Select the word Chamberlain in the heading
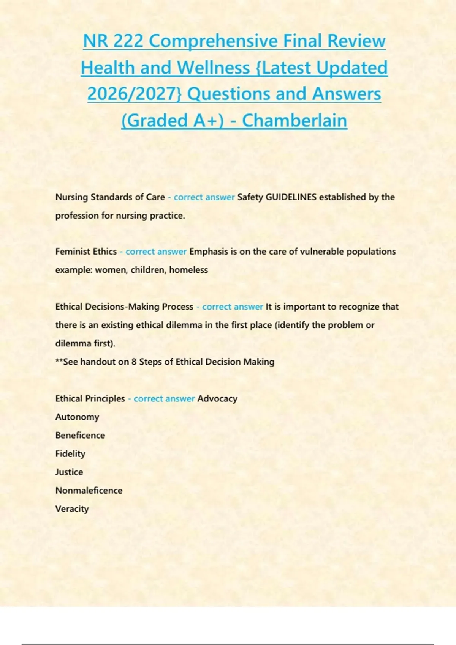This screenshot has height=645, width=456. [294, 121]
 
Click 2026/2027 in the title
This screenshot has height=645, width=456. [135, 94]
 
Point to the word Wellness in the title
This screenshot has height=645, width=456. [213, 68]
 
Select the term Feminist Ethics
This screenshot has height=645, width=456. [86, 252]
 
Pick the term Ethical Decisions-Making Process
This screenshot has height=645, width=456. [124, 307]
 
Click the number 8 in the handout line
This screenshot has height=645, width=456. [134, 362]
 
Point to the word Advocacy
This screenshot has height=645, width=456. [217, 398]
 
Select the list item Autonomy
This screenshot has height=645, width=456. [77, 417]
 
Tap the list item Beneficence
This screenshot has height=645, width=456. [80, 435]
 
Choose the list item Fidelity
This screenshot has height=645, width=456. [70, 454]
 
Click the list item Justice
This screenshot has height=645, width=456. [69, 472]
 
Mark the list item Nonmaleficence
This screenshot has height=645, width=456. [89, 490]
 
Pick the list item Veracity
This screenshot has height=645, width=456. [72, 509]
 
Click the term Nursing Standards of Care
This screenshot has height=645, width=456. [110, 197]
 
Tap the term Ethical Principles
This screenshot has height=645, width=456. [90, 398]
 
